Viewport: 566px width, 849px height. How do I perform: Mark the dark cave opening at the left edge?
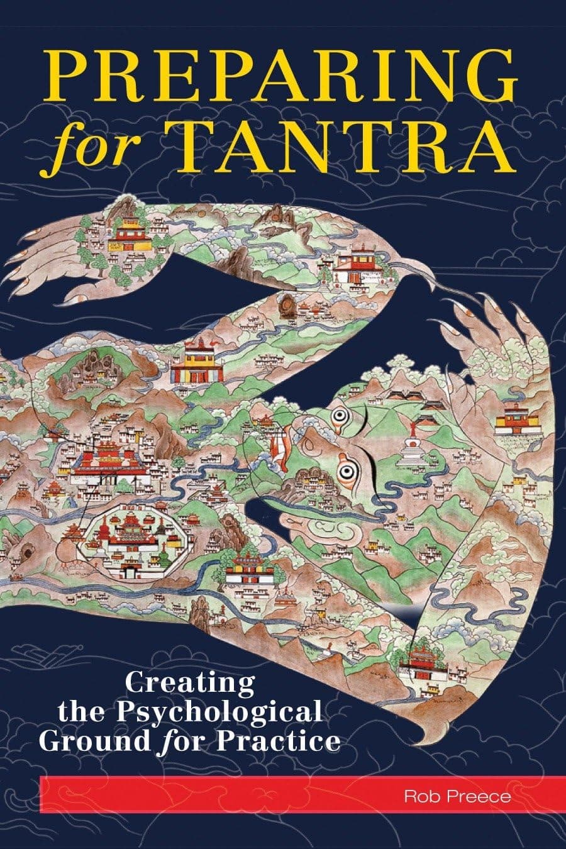28,552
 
